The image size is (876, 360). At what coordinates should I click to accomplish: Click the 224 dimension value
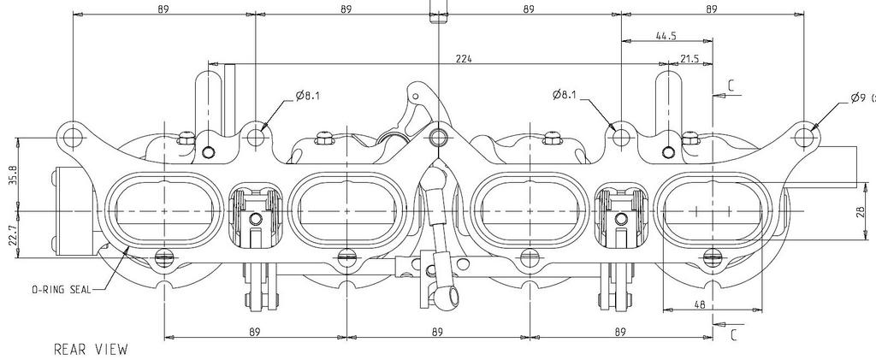click(x=464, y=58)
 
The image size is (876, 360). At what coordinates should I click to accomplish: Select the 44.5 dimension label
click(x=666, y=36)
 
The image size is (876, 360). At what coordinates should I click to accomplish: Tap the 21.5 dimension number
click(x=690, y=58)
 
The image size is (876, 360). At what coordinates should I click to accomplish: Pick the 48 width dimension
click(x=700, y=304)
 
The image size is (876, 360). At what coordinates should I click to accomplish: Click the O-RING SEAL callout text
click(x=62, y=290)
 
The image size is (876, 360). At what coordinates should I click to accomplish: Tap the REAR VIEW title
click(x=91, y=350)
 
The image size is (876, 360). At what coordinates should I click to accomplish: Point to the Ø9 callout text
click(x=863, y=98)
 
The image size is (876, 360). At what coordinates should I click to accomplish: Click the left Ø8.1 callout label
click(x=308, y=96)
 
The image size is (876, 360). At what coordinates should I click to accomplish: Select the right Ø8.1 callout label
click(x=565, y=95)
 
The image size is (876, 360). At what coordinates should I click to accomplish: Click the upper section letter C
click(x=732, y=86)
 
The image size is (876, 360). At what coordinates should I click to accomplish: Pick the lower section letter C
click(x=733, y=334)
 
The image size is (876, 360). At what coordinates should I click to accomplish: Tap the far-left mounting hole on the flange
click(x=74, y=136)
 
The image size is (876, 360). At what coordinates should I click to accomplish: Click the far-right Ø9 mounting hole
click(x=803, y=136)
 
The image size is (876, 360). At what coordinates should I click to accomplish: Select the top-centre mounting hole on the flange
click(x=439, y=136)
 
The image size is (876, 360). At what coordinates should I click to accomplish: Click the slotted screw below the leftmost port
click(x=164, y=257)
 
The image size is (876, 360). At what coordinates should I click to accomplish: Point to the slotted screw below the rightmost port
click(x=713, y=257)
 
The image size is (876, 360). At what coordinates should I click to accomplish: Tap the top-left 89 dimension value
click(x=163, y=9)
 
